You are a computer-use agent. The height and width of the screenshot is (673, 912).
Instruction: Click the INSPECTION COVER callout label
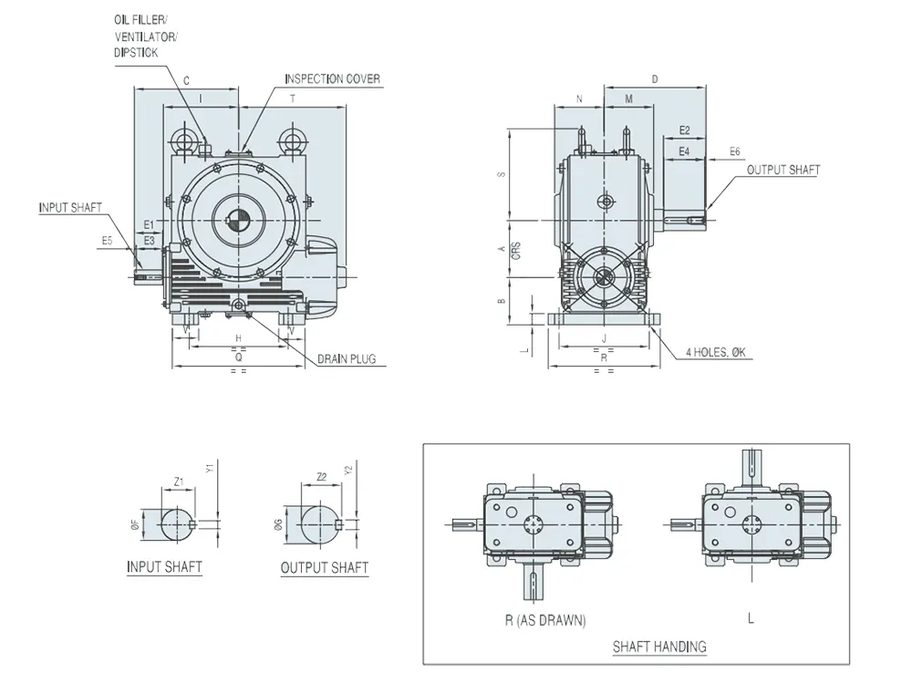(332, 79)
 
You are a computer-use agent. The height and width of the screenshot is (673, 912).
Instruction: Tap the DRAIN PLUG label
(347, 359)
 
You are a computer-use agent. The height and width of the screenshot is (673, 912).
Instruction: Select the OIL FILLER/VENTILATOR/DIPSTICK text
(147, 36)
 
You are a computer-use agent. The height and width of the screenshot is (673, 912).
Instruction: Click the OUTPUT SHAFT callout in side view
(782, 170)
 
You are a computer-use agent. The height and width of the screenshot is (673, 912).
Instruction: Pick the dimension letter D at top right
(655, 79)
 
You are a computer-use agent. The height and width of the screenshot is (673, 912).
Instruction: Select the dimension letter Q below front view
(238, 357)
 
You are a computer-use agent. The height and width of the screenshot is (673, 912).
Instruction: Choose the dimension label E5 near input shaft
(107, 242)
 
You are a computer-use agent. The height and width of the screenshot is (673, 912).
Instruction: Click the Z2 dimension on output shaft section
(321, 477)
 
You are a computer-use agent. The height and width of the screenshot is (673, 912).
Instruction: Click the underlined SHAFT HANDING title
(659, 647)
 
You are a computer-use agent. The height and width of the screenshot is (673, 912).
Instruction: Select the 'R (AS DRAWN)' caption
(545, 620)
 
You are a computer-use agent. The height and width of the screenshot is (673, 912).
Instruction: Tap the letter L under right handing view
(751, 619)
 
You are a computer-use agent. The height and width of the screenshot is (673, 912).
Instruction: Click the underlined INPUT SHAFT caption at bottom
(164, 567)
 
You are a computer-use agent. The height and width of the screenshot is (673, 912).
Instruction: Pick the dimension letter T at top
(292, 98)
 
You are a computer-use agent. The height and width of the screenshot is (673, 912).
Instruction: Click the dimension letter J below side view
(604, 338)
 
